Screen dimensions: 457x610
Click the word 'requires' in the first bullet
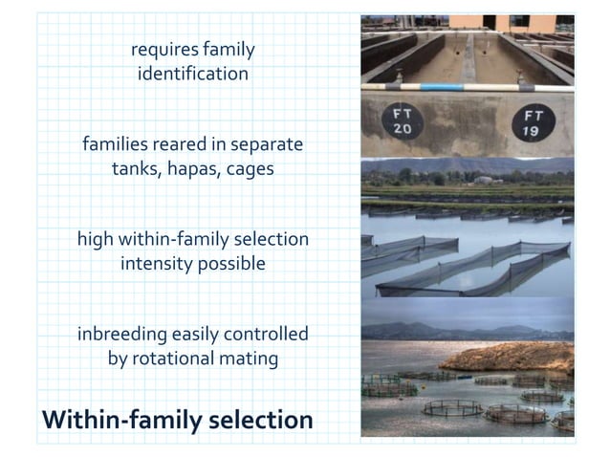(162, 50)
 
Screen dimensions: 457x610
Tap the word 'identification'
(193, 74)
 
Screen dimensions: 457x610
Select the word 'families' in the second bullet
(116, 145)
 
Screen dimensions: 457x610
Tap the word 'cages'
(250, 169)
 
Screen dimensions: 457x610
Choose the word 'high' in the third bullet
(96, 239)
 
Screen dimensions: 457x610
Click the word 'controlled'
(268, 335)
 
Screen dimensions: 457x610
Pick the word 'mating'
(250, 359)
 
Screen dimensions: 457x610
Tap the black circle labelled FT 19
(529, 123)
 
